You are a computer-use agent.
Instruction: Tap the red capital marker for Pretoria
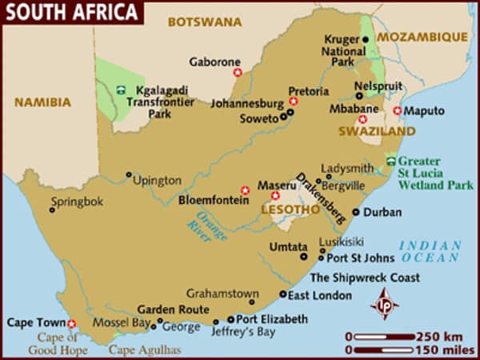tap(294, 102)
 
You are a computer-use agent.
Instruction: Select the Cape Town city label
tap(34, 322)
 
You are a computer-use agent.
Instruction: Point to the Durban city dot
tap(356, 212)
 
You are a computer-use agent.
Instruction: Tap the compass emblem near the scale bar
tap(384, 305)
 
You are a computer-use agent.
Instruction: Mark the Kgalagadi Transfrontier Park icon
tap(121, 90)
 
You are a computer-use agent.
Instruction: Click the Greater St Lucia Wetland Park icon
tap(390, 161)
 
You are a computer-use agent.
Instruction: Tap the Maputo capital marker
tap(397, 110)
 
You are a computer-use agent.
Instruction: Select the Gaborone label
tap(214, 61)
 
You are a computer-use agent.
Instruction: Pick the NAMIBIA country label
tap(42, 102)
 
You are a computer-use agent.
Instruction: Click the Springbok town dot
tap(52, 210)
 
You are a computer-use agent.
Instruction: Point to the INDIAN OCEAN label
tap(430, 251)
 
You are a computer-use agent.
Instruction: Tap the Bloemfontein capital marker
tap(245, 190)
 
